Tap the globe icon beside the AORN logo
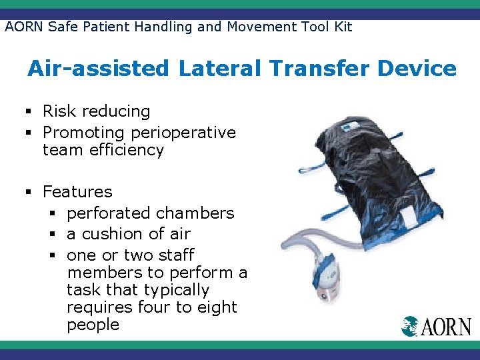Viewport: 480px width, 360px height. [x=409, y=326]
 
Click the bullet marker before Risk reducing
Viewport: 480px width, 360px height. [x=31, y=111]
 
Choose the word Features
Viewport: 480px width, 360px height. [x=77, y=192]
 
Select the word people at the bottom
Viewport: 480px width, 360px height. [x=93, y=325]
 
